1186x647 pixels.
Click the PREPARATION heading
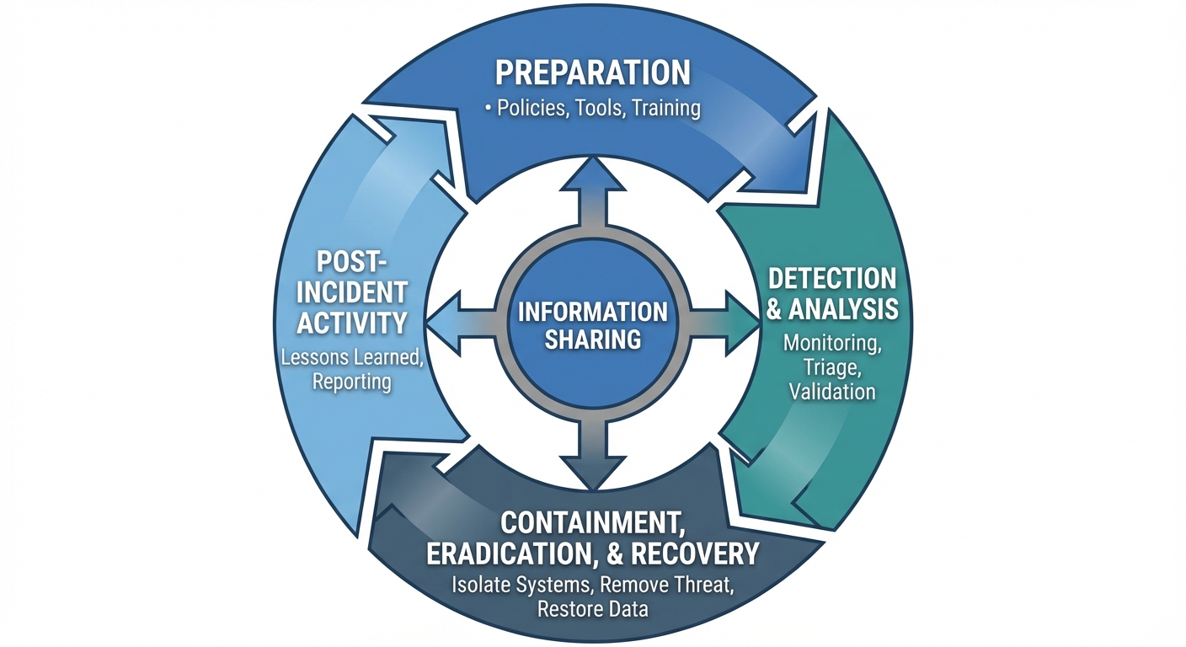(x=592, y=72)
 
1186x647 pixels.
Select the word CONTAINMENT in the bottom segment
(x=592, y=522)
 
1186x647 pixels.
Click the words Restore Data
(x=592, y=608)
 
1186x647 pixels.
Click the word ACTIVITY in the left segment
(x=353, y=322)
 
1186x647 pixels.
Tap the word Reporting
(x=352, y=382)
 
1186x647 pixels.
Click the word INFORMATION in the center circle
(x=592, y=312)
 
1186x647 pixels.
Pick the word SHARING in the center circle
(x=592, y=340)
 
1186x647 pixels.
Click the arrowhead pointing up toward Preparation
(x=593, y=174)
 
